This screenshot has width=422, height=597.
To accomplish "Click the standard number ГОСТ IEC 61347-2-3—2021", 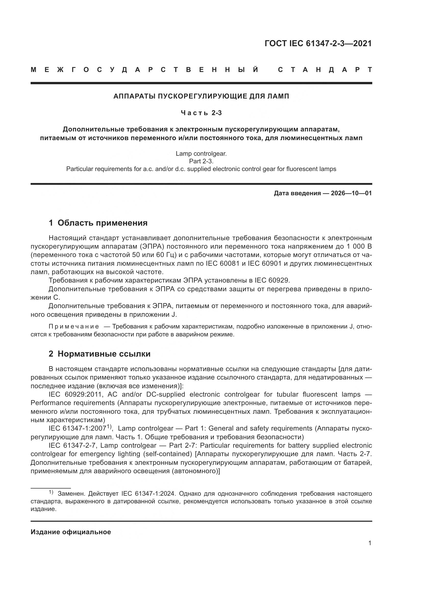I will click(x=318, y=43).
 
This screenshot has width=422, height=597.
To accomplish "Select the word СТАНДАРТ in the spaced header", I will click(x=325, y=70).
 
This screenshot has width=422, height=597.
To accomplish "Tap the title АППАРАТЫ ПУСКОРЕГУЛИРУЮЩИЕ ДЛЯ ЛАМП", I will click(x=201, y=96).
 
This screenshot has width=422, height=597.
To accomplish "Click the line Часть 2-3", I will click(x=201, y=113).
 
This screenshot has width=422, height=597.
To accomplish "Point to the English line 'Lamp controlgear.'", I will click(x=201, y=154).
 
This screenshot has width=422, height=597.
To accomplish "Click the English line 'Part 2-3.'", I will click(x=201, y=161).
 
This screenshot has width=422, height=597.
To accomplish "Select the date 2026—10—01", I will click(x=351, y=193).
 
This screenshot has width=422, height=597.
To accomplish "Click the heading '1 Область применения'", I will click(x=98, y=223).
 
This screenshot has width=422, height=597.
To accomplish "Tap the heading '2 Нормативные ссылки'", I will click(x=100, y=354).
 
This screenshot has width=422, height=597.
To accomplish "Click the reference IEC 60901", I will click(x=265, y=264).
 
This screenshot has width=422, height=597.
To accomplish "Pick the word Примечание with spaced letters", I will click(x=74, y=327).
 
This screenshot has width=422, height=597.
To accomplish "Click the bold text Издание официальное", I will click(x=71, y=532).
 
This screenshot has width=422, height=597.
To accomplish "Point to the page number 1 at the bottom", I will click(x=370, y=543).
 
